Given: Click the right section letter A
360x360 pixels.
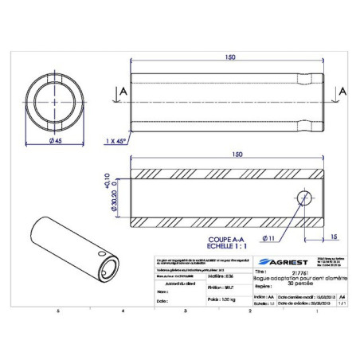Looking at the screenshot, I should pyautogui.click(x=343, y=92).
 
